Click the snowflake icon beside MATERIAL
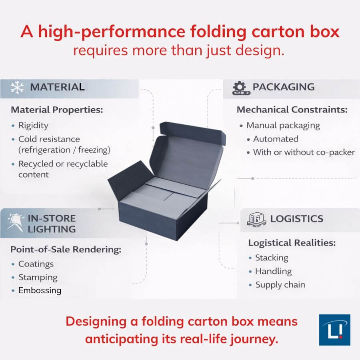(x=17, y=88)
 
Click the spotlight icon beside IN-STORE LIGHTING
(x=15, y=221)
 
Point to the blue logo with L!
(x=334, y=330)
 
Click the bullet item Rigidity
(x=33, y=125)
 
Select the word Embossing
(x=40, y=290)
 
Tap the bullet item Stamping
(x=38, y=277)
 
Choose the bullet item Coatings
(x=36, y=264)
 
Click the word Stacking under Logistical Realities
(x=272, y=258)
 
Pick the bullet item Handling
(x=273, y=271)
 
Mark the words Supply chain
(x=280, y=285)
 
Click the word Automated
(x=276, y=139)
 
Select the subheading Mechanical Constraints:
(x=292, y=110)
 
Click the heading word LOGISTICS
(x=296, y=219)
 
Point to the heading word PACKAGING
(x=284, y=87)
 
